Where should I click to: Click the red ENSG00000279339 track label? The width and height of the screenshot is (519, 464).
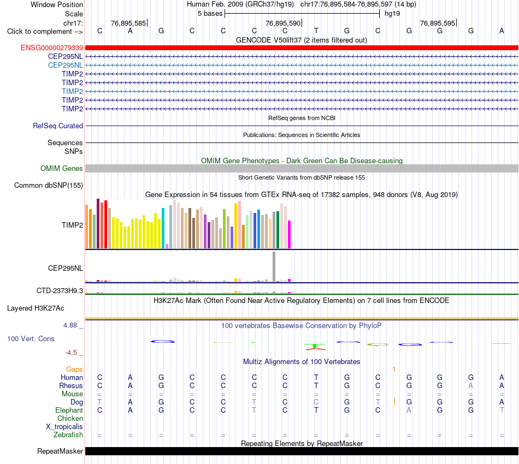[52, 48]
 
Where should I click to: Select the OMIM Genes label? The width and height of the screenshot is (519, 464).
[62, 168]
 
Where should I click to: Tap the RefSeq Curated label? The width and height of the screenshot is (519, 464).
[58, 126]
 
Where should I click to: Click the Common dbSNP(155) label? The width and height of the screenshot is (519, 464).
[49, 185]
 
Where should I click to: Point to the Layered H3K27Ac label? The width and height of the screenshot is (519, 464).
[36, 308]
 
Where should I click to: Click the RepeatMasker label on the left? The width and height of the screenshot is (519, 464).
[60, 451]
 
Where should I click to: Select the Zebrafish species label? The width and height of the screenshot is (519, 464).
[68, 435]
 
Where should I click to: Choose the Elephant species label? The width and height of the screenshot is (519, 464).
[69, 410]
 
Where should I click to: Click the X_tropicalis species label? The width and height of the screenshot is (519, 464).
[64, 427]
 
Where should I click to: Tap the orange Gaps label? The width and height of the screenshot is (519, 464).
[74, 369]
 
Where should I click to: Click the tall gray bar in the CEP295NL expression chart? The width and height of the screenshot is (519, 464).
[274, 266]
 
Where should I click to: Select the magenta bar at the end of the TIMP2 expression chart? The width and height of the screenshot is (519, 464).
[290, 235]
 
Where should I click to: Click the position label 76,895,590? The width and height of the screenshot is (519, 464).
[283, 23]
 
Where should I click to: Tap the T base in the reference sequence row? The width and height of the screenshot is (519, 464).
[316, 31]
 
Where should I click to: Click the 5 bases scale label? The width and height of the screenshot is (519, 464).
[210, 14]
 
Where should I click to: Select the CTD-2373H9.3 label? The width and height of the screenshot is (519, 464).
[60, 291]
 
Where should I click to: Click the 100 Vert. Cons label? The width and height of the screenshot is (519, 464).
[31, 338]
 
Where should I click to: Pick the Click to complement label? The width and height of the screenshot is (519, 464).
[45, 32]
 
